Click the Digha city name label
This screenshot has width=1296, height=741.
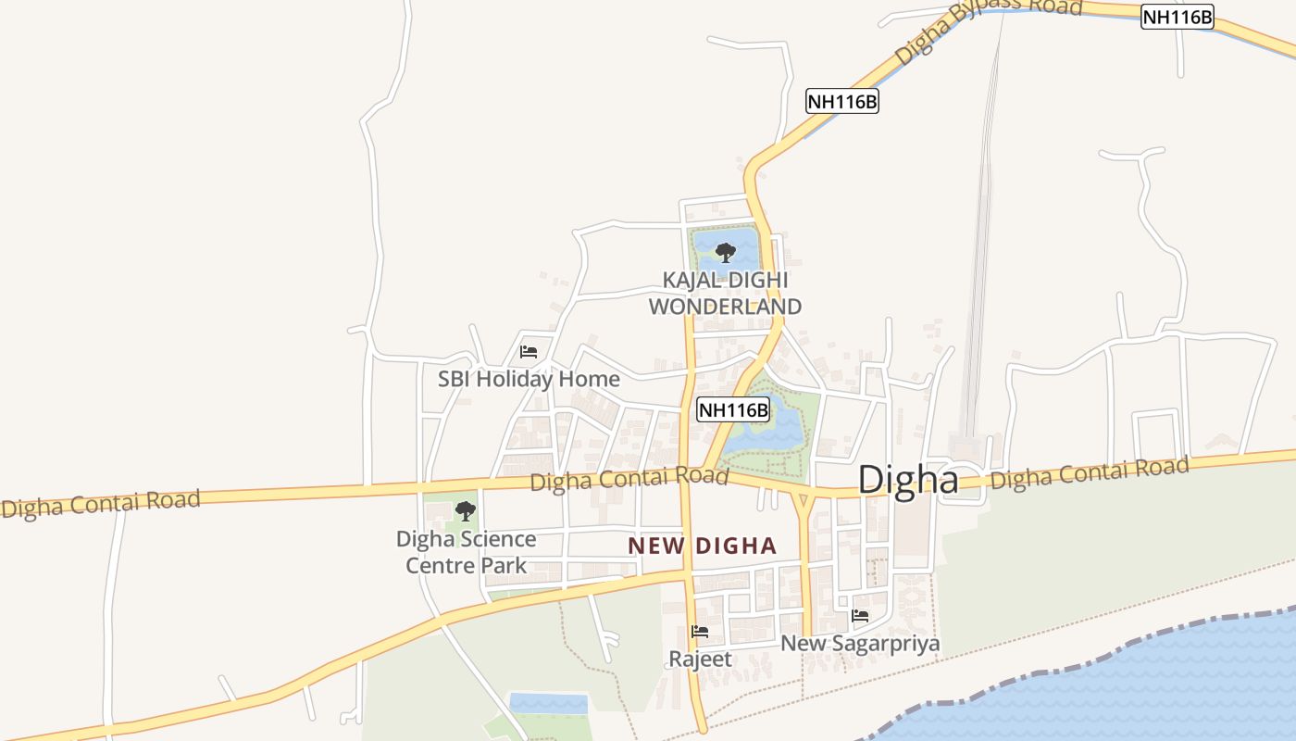point(908,480)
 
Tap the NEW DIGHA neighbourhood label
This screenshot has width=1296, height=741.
point(702,546)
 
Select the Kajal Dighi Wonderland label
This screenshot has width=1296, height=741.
point(725,293)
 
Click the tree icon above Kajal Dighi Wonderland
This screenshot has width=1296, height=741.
point(725,252)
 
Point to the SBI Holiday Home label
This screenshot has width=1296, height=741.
point(529,379)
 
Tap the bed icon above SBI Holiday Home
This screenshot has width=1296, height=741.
point(529,352)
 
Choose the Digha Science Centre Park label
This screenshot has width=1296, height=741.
point(466,552)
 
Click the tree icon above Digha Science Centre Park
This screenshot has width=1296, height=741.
point(466,510)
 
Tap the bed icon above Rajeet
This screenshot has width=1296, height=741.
point(700,632)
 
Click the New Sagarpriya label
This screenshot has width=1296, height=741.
point(860,643)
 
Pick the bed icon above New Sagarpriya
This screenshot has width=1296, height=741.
point(860,615)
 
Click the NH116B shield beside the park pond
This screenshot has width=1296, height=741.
point(733,409)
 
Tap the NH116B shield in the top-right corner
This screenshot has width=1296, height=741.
point(1177,17)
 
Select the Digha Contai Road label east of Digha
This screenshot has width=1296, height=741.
point(1090,473)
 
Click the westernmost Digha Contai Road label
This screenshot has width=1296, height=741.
point(100,504)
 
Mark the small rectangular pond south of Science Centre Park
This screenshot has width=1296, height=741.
point(549,703)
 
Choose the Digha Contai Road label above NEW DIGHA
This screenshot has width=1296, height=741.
point(629,480)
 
